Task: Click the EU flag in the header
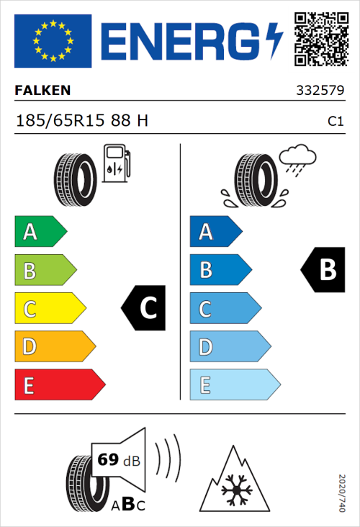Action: click(53, 41)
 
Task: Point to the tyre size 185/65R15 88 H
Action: click(81, 121)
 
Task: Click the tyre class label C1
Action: click(335, 122)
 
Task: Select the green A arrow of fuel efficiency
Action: click(40, 232)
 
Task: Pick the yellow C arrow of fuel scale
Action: click(49, 308)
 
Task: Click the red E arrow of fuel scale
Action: click(59, 385)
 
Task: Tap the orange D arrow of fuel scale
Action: click(54, 347)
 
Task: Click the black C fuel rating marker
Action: click(144, 308)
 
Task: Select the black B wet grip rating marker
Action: click(323, 269)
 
